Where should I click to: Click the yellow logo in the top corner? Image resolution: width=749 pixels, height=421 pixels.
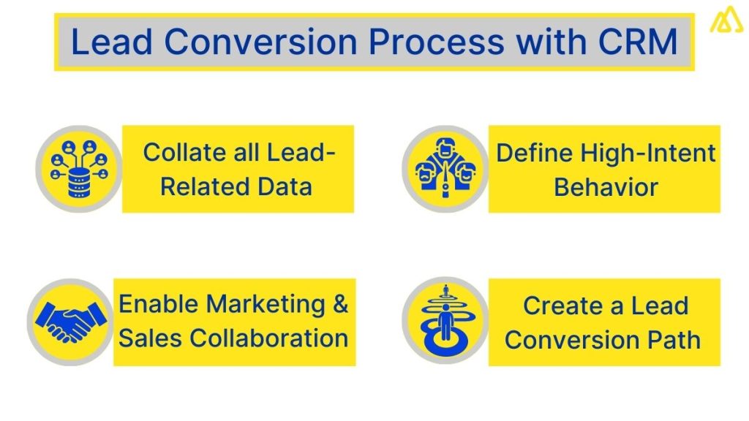point(726,19)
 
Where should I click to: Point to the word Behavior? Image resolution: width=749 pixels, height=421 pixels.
point(606,186)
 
